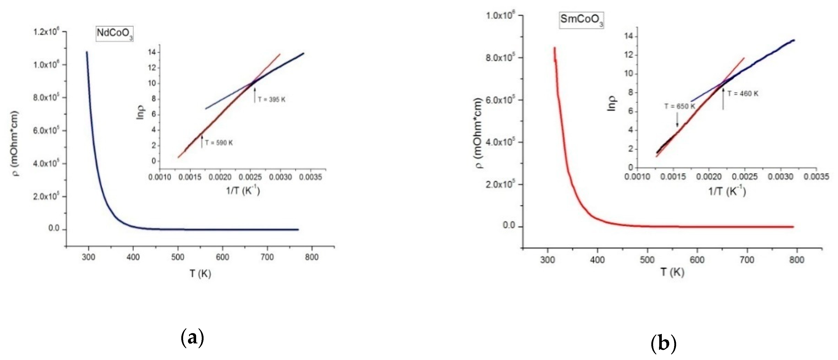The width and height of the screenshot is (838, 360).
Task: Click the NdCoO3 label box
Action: (x=115, y=34)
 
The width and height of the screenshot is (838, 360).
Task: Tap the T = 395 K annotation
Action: (x=272, y=100)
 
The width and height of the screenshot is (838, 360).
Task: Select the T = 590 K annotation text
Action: (x=219, y=143)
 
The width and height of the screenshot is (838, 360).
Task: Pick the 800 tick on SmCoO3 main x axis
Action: (x=797, y=260)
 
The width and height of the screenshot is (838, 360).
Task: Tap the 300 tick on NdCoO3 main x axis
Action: (x=88, y=257)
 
